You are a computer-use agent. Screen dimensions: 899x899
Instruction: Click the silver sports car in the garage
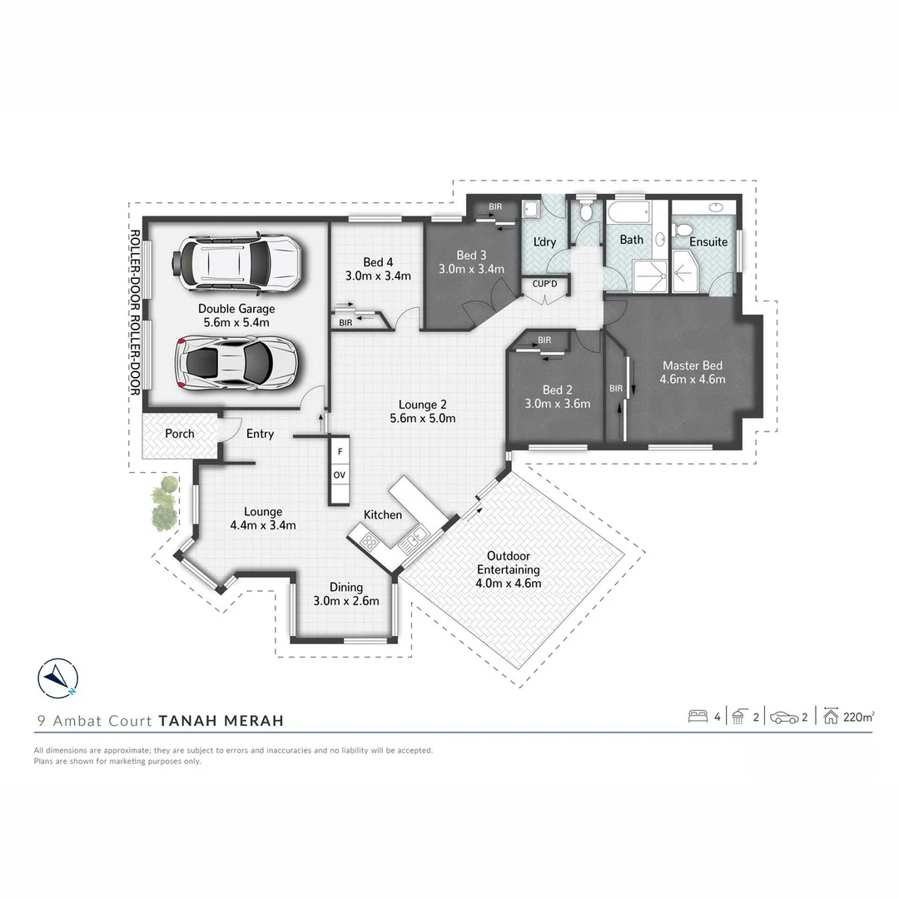[x=236, y=363]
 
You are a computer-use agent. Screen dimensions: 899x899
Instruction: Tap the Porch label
[x=180, y=434]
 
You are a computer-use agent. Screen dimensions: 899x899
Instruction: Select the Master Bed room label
[x=693, y=365]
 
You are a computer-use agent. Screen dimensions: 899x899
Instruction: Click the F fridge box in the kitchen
[x=340, y=452]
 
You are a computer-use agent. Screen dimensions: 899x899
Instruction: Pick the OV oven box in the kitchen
[x=340, y=475]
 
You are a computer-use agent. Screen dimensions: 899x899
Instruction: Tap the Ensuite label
[x=708, y=242]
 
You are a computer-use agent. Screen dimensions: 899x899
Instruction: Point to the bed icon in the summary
[x=698, y=717]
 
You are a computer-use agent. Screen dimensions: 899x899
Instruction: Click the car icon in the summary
[x=783, y=717]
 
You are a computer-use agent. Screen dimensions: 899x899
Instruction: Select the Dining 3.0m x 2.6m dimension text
[x=346, y=601]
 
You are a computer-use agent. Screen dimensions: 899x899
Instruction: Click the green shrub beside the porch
[x=163, y=504]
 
